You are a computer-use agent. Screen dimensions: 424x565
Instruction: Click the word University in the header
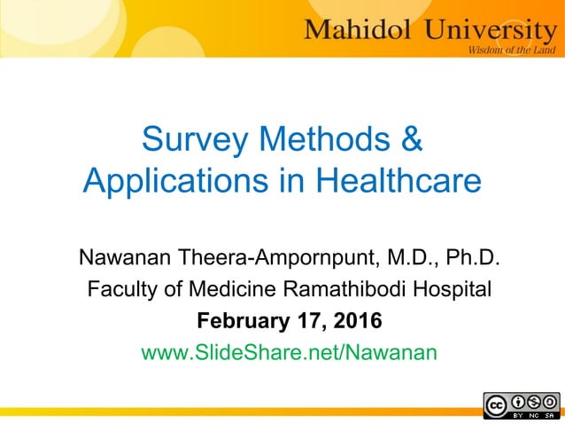coord(479,29)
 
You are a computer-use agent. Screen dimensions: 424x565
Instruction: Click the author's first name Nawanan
coord(126,260)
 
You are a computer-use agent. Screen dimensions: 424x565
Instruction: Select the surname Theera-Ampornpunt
coord(275,260)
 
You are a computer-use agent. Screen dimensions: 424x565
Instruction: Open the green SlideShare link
coord(290,352)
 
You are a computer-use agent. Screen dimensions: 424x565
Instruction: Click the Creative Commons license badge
coord(522,404)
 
